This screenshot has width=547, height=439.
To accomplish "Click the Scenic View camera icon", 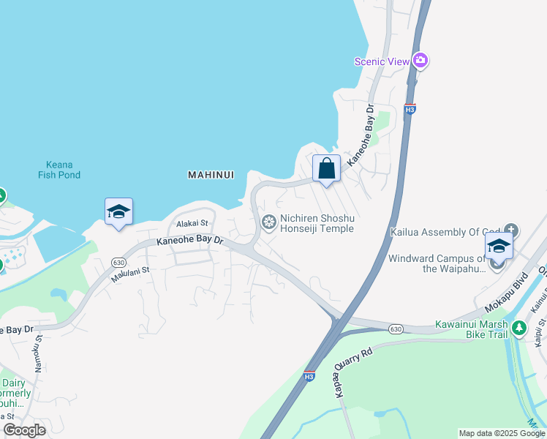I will coord(420,61).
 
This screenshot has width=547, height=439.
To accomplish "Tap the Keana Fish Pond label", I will coord(59,170).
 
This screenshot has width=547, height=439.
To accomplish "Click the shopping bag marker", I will coord(326,169).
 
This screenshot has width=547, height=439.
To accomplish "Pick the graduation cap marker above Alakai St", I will coord(118,212).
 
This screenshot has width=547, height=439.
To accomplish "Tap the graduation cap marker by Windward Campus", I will coord(498,246).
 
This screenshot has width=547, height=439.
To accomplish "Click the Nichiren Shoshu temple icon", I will coord(269,222).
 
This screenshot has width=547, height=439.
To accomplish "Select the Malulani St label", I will coord(130,274).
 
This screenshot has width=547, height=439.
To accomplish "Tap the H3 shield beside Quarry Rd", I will coord(309,376).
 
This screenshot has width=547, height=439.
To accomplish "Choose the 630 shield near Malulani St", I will coord(119,262).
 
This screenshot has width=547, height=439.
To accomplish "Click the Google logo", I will coord(25,430).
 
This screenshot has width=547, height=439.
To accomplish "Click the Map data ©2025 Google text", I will coord(502,433).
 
